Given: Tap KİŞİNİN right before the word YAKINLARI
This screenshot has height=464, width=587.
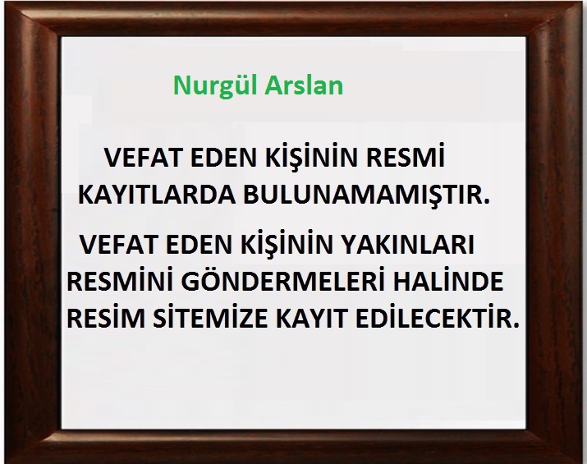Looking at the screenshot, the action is pyautogui.click(x=288, y=243).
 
